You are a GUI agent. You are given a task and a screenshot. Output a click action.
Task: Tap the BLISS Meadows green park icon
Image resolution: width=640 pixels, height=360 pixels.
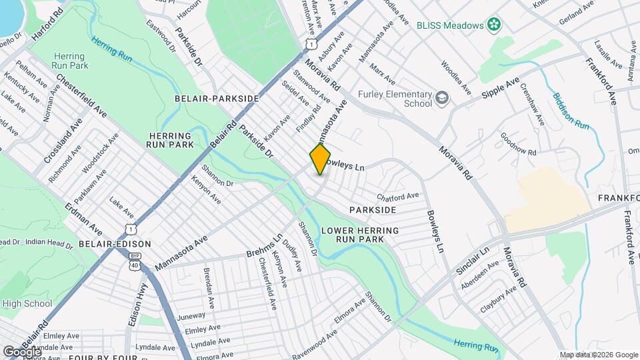point(493,25)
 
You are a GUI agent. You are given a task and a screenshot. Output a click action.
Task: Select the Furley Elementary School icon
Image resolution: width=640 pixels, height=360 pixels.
point(442,99)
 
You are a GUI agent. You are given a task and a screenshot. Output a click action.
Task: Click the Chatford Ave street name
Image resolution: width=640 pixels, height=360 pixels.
point(397,197)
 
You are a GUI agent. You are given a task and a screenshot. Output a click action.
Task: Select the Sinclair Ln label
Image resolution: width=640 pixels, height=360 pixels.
point(473,259)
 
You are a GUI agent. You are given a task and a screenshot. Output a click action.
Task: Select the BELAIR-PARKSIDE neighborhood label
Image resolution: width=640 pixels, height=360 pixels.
point(216,98)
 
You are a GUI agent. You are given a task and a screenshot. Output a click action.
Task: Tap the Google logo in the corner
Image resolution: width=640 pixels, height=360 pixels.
point(21,351)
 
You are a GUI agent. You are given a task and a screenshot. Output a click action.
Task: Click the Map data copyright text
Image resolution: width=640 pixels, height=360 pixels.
point(597,355)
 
